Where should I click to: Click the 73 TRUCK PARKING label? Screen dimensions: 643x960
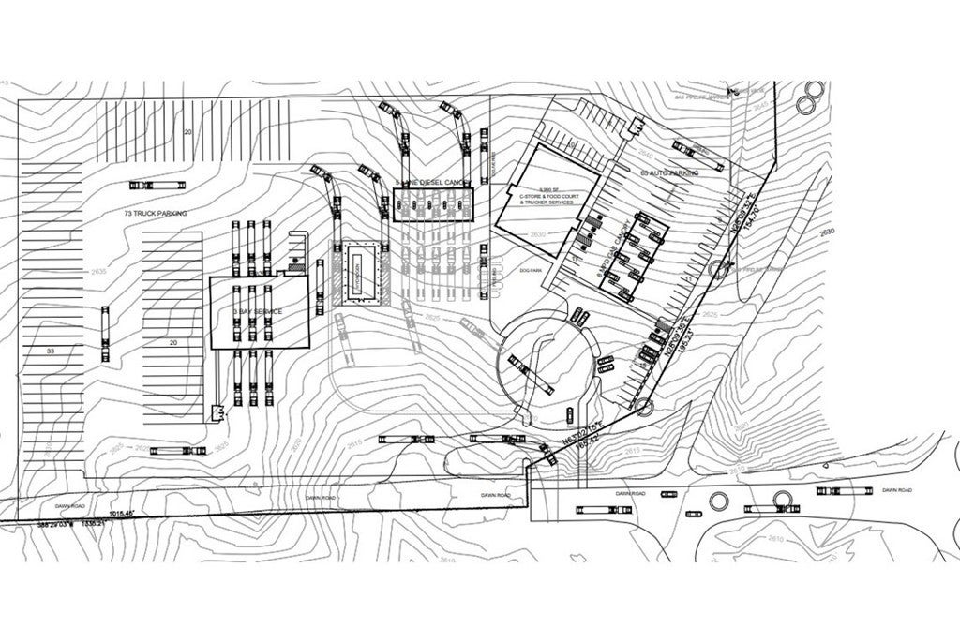coord(156,215)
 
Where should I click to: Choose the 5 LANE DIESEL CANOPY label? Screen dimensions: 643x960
coord(432,182)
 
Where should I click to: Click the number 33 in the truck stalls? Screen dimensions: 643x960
coord(50,350)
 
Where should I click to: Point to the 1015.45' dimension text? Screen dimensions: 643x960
coord(123,514)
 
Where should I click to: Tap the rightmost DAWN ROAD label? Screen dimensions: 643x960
coord(897,490)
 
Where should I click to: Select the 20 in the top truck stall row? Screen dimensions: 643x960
coord(187,133)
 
